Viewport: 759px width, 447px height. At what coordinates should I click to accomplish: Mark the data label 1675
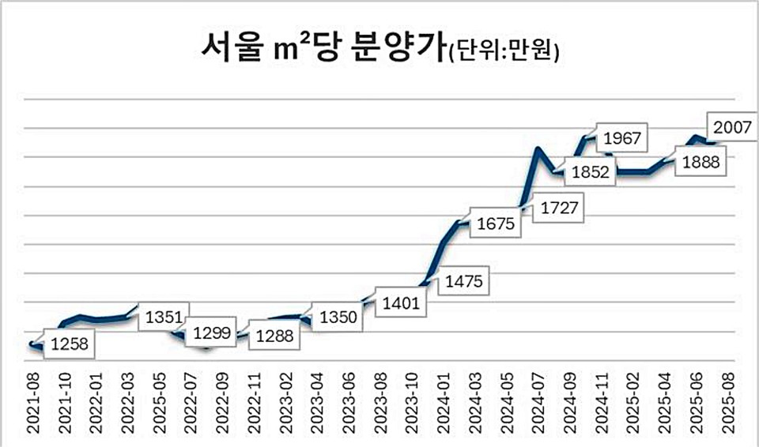click(497, 224)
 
